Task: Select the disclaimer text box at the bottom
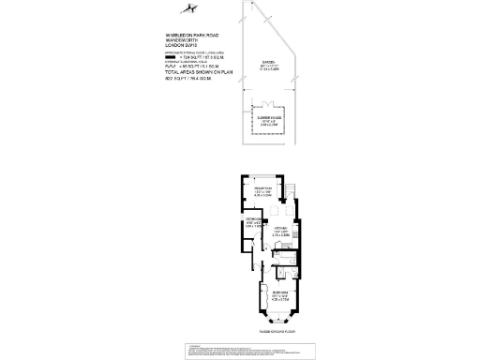coord(240,351)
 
